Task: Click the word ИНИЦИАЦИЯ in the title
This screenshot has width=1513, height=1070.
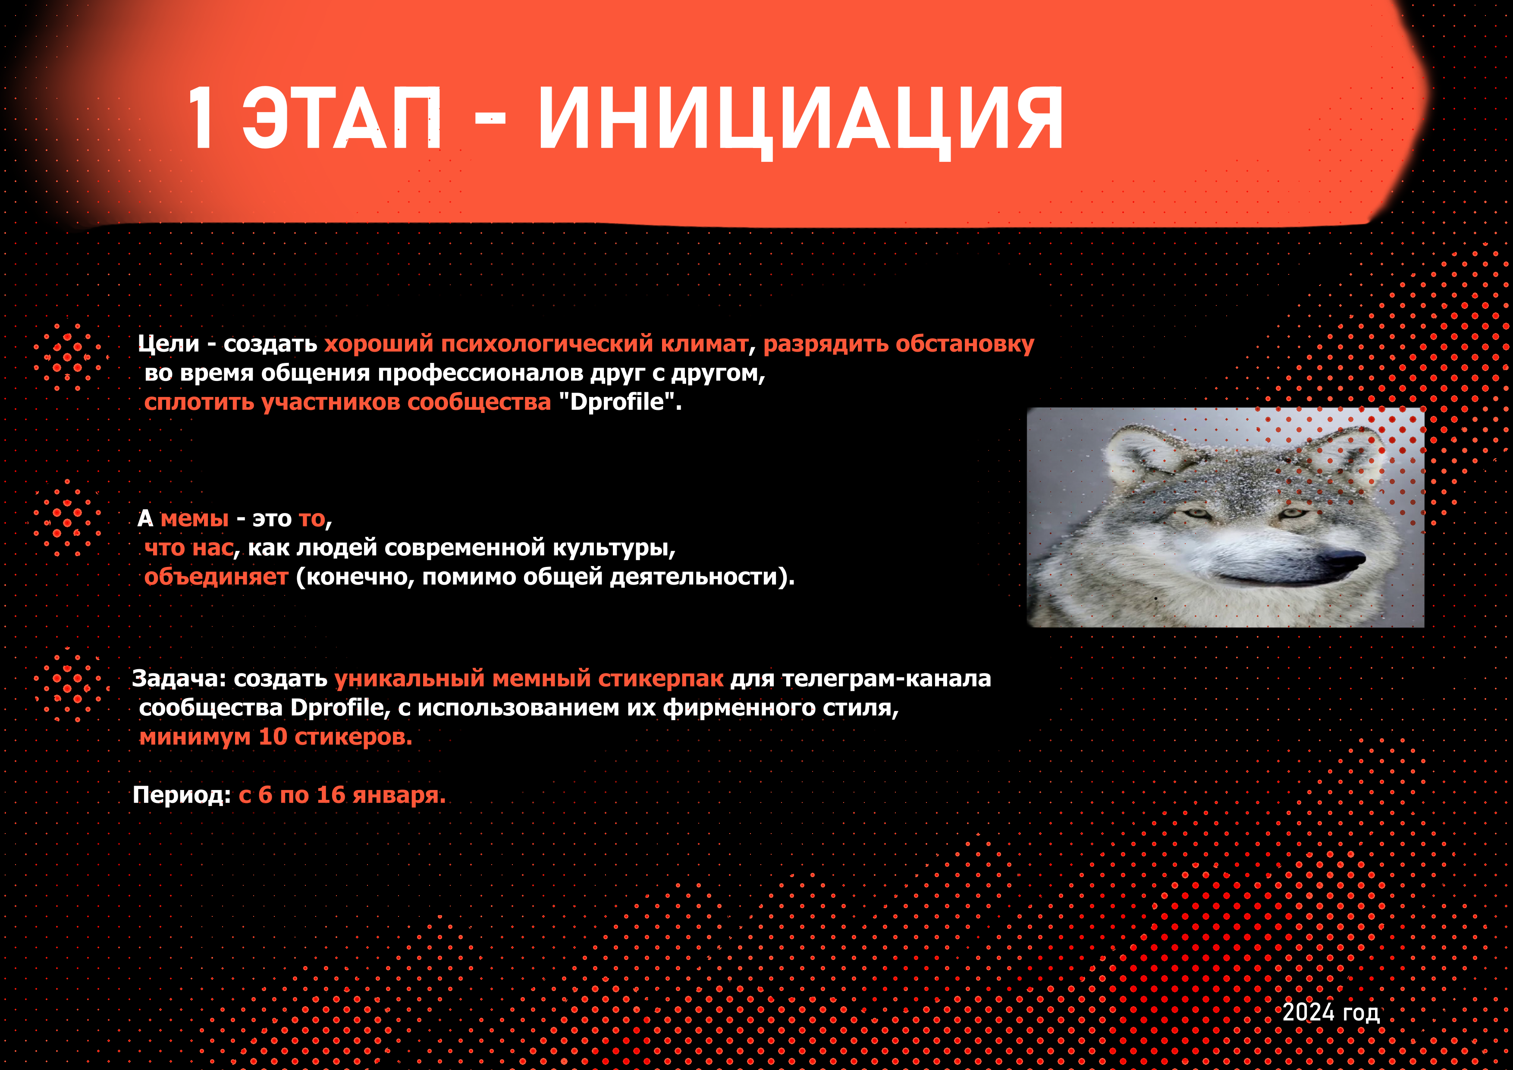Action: [x=800, y=122]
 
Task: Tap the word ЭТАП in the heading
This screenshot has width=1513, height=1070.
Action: [x=341, y=120]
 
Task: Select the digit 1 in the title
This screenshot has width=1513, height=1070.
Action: [x=201, y=120]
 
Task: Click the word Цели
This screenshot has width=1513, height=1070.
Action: [x=168, y=343]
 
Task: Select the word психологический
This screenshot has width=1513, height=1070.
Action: [x=547, y=343]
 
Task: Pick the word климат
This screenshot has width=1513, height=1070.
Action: [x=704, y=343]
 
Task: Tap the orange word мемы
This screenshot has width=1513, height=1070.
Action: [x=195, y=519]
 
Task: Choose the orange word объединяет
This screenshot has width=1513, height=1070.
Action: [x=216, y=577]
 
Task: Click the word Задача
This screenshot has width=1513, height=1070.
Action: [x=176, y=678]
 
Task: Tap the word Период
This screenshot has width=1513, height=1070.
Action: [x=178, y=796]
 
